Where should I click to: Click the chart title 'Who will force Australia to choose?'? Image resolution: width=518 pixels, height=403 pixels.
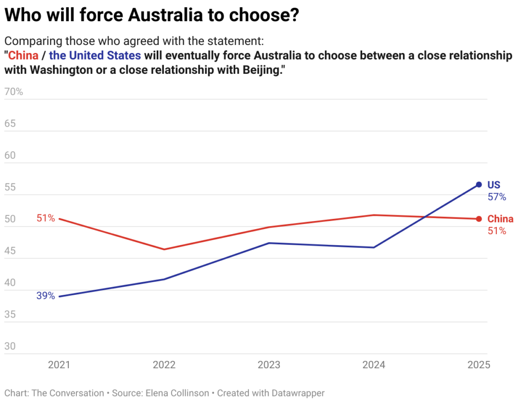(x=152, y=16)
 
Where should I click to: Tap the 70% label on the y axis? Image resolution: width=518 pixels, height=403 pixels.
(x=14, y=92)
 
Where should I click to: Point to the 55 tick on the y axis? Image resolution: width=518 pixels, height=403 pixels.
(x=11, y=188)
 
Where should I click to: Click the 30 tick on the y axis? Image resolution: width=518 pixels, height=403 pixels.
(x=11, y=347)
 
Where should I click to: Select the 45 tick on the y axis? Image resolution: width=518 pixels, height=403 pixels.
(x=11, y=251)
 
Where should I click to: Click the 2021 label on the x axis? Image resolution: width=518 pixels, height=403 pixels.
(x=60, y=365)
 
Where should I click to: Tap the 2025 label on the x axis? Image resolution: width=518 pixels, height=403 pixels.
(x=479, y=365)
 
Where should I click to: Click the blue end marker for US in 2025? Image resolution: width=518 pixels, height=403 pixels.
(x=479, y=185)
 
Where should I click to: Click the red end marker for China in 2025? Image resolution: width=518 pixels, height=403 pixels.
(x=479, y=219)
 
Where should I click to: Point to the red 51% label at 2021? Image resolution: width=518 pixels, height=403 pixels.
(x=46, y=218)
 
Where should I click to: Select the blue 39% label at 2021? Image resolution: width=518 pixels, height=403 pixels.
(x=46, y=296)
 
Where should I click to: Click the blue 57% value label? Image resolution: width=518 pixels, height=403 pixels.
(x=497, y=197)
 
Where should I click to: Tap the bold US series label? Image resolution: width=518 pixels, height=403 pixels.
(x=494, y=185)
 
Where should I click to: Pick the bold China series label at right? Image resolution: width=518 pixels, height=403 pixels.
(x=500, y=219)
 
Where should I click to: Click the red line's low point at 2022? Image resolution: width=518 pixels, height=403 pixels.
(x=164, y=249)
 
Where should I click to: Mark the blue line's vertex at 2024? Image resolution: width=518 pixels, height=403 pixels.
(x=374, y=247)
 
